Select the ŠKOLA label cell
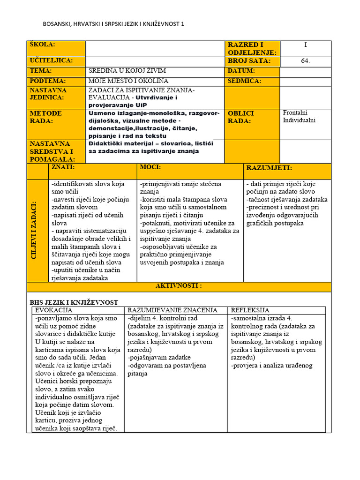pos(43,45)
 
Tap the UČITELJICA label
pos(51,61)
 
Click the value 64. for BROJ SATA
pos(306,61)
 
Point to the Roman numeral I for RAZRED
pos(306,45)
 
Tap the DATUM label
pos(241,71)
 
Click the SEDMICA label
pos(244,81)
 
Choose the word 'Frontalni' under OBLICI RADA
pos(296,113)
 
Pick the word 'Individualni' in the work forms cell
pos(300,120)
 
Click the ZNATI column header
pos(63,167)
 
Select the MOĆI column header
pos(150,167)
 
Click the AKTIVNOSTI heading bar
pos(179,286)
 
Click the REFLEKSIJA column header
pos(250,310)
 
